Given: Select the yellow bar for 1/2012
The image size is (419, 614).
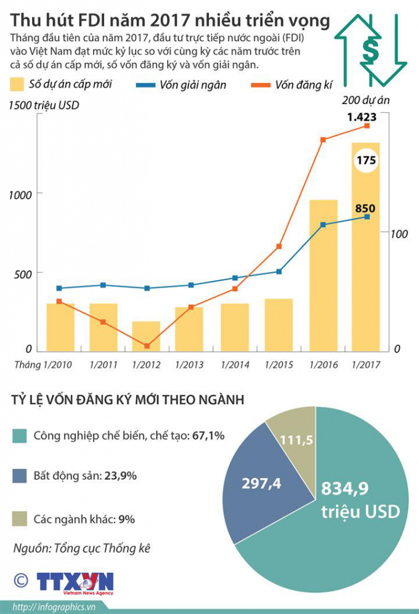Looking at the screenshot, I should point(146,336).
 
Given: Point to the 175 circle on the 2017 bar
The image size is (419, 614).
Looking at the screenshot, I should point(366,160).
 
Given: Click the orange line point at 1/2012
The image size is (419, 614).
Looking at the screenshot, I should point(147,346).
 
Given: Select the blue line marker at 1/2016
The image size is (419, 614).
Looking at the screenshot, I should point(323,225).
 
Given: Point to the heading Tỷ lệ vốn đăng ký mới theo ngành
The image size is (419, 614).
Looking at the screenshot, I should point(128,400).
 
